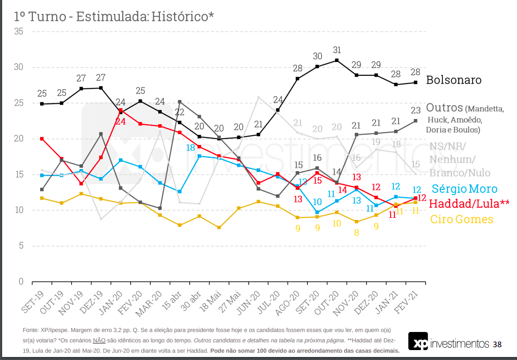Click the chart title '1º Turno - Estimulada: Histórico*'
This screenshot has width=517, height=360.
click(114, 16)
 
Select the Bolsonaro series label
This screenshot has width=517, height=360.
click(454, 80)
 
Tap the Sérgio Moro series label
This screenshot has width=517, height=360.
click(464, 189)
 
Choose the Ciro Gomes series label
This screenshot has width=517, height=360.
click(462, 219)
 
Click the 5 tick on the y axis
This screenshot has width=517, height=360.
click(20, 246)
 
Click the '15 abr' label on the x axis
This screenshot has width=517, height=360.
click(172, 300)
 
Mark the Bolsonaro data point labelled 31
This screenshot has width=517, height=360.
click(337, 60)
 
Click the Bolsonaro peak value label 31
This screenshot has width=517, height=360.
click(337, 50)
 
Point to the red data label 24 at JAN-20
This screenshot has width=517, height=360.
click(120, 122)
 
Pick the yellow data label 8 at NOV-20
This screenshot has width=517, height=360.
click(356, 233)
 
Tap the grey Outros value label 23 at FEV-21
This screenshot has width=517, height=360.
click(415, 110)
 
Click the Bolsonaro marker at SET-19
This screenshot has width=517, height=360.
click(42, 104)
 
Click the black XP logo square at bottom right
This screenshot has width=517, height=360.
click(418, 341)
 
